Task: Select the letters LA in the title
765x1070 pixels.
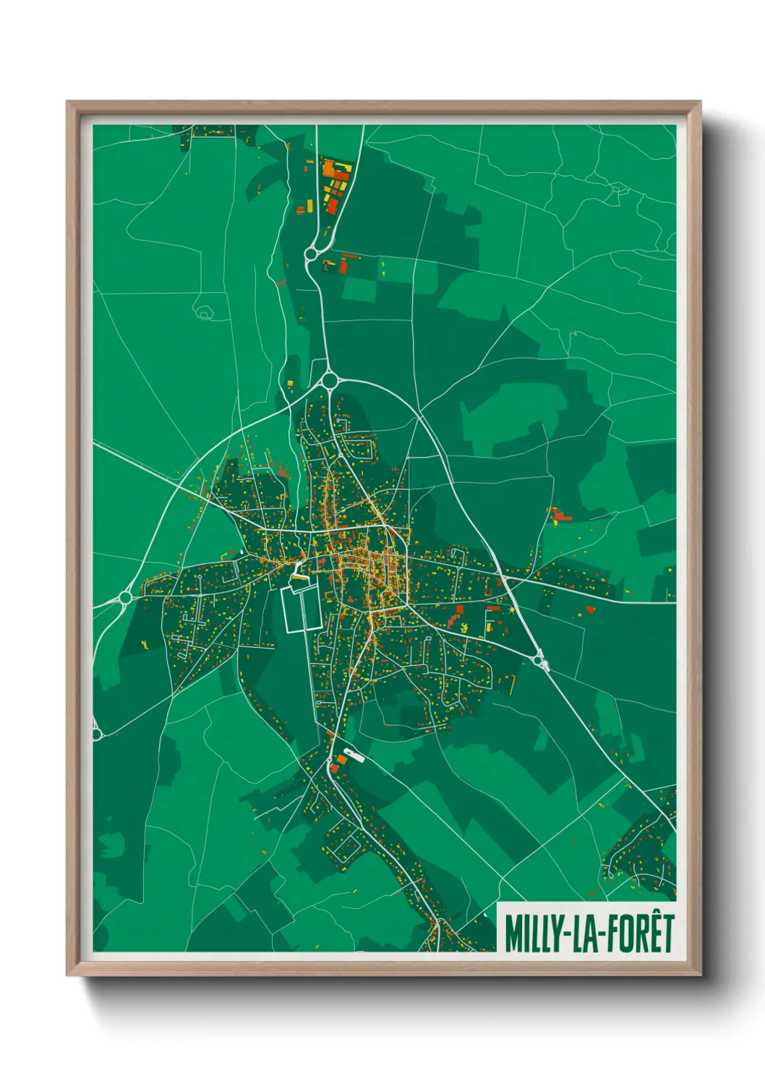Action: point(582,933)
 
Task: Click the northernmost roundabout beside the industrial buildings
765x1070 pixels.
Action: point(312,254)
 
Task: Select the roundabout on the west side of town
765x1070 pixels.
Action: point(125,597)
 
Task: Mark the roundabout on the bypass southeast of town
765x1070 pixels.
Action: point(539,658)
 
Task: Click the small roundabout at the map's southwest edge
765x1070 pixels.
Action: point(96,734)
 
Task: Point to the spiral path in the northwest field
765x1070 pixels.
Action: point(205,314)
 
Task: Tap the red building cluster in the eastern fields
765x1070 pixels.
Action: point(559,515)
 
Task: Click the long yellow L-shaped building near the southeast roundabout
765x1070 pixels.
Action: point(512,683)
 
